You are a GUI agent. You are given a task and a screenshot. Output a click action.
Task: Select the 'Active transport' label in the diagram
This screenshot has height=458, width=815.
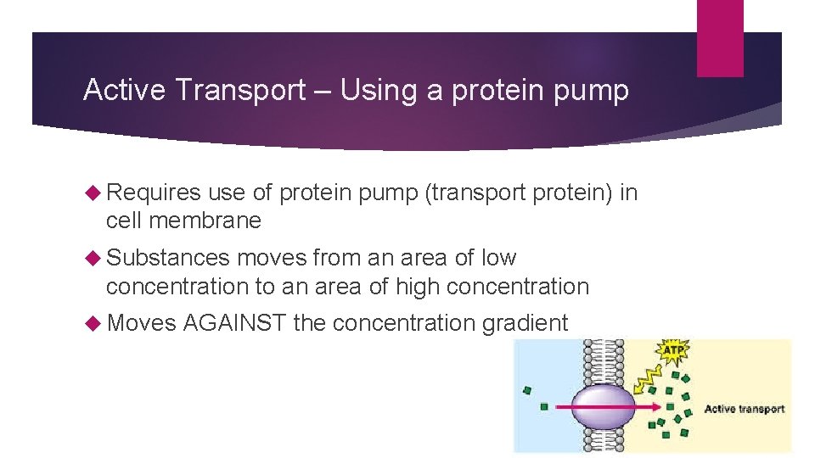pyautogui.click(x=744, y=409)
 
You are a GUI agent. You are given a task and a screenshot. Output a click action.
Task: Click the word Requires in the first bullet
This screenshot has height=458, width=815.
pyautogui.click(x=154, y=193)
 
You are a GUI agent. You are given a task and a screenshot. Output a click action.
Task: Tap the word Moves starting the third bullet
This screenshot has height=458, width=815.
pyautogui.click(x=141, y=323)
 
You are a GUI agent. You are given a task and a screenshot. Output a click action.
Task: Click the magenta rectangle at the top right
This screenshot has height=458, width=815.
pyautogui.click(x=720, y=38)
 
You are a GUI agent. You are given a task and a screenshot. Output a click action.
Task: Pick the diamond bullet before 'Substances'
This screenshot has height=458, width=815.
pyautogui.click(x=93, y=258)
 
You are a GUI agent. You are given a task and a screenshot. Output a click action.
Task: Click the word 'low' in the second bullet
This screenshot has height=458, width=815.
pyautogui.click(x=498, y=258)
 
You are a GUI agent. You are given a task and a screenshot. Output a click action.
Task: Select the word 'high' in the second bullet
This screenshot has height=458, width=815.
pyautogui.click(x=413, y=287)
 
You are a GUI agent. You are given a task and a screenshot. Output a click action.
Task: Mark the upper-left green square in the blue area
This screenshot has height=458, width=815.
pyautogui.click(x=528, y=390)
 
